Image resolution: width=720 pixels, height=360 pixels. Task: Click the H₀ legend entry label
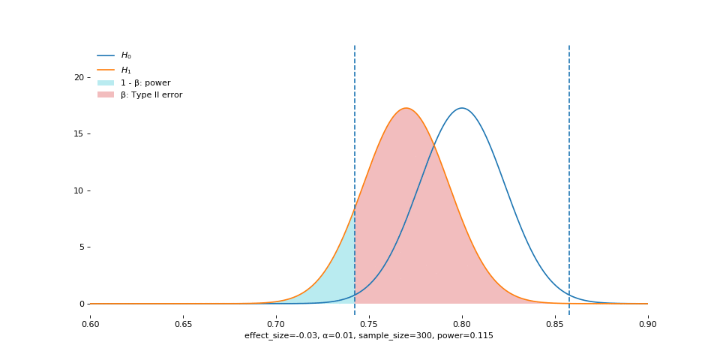coord(126,55)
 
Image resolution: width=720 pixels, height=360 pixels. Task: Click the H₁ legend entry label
coord(126,70)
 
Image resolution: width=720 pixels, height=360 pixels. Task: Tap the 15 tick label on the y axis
coord(79,134)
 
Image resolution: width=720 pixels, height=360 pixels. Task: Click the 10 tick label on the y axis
coord(79,190)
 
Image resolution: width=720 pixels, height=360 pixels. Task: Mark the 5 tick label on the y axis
coord(81,247)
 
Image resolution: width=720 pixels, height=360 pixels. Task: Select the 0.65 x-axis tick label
coord(183,324)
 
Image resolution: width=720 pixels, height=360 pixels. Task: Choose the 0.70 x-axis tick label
coord(276,324)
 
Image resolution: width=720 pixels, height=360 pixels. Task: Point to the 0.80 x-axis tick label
coord(462,324)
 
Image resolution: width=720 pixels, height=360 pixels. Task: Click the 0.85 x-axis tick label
coord(555,324)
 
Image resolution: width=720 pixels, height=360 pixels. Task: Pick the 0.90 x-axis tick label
coord(648,324)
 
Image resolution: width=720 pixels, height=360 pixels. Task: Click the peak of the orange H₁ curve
coord(406,108)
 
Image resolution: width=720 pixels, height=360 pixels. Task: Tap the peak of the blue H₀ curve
coord(462,108)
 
